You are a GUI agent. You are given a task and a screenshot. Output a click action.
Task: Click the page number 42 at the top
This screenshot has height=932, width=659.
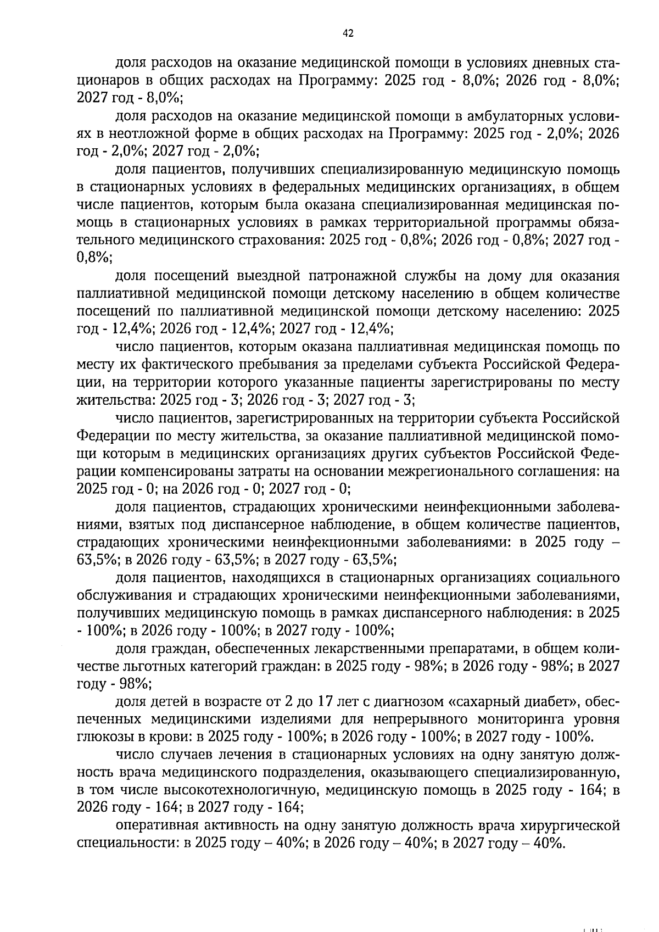tap(348, 34)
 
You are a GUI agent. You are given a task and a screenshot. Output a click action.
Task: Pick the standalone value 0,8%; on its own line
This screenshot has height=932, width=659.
tap(94, 258)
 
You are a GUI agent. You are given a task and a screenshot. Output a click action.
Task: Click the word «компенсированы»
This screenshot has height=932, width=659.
tap(175, 471)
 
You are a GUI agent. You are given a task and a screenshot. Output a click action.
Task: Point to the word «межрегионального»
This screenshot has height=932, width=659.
tap(447, 471)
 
